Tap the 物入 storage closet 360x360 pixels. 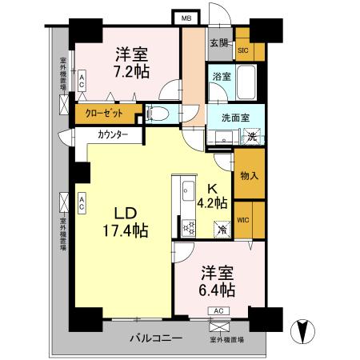point(248,176)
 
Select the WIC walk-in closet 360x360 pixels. point(244,218)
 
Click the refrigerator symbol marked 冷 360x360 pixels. point(223,229)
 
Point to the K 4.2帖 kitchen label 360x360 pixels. point(212,197)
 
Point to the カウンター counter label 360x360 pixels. point(113,135)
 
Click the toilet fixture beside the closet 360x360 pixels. point(158,114)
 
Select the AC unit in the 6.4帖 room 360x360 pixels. point(218,310)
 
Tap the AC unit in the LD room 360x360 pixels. point(82,204)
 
